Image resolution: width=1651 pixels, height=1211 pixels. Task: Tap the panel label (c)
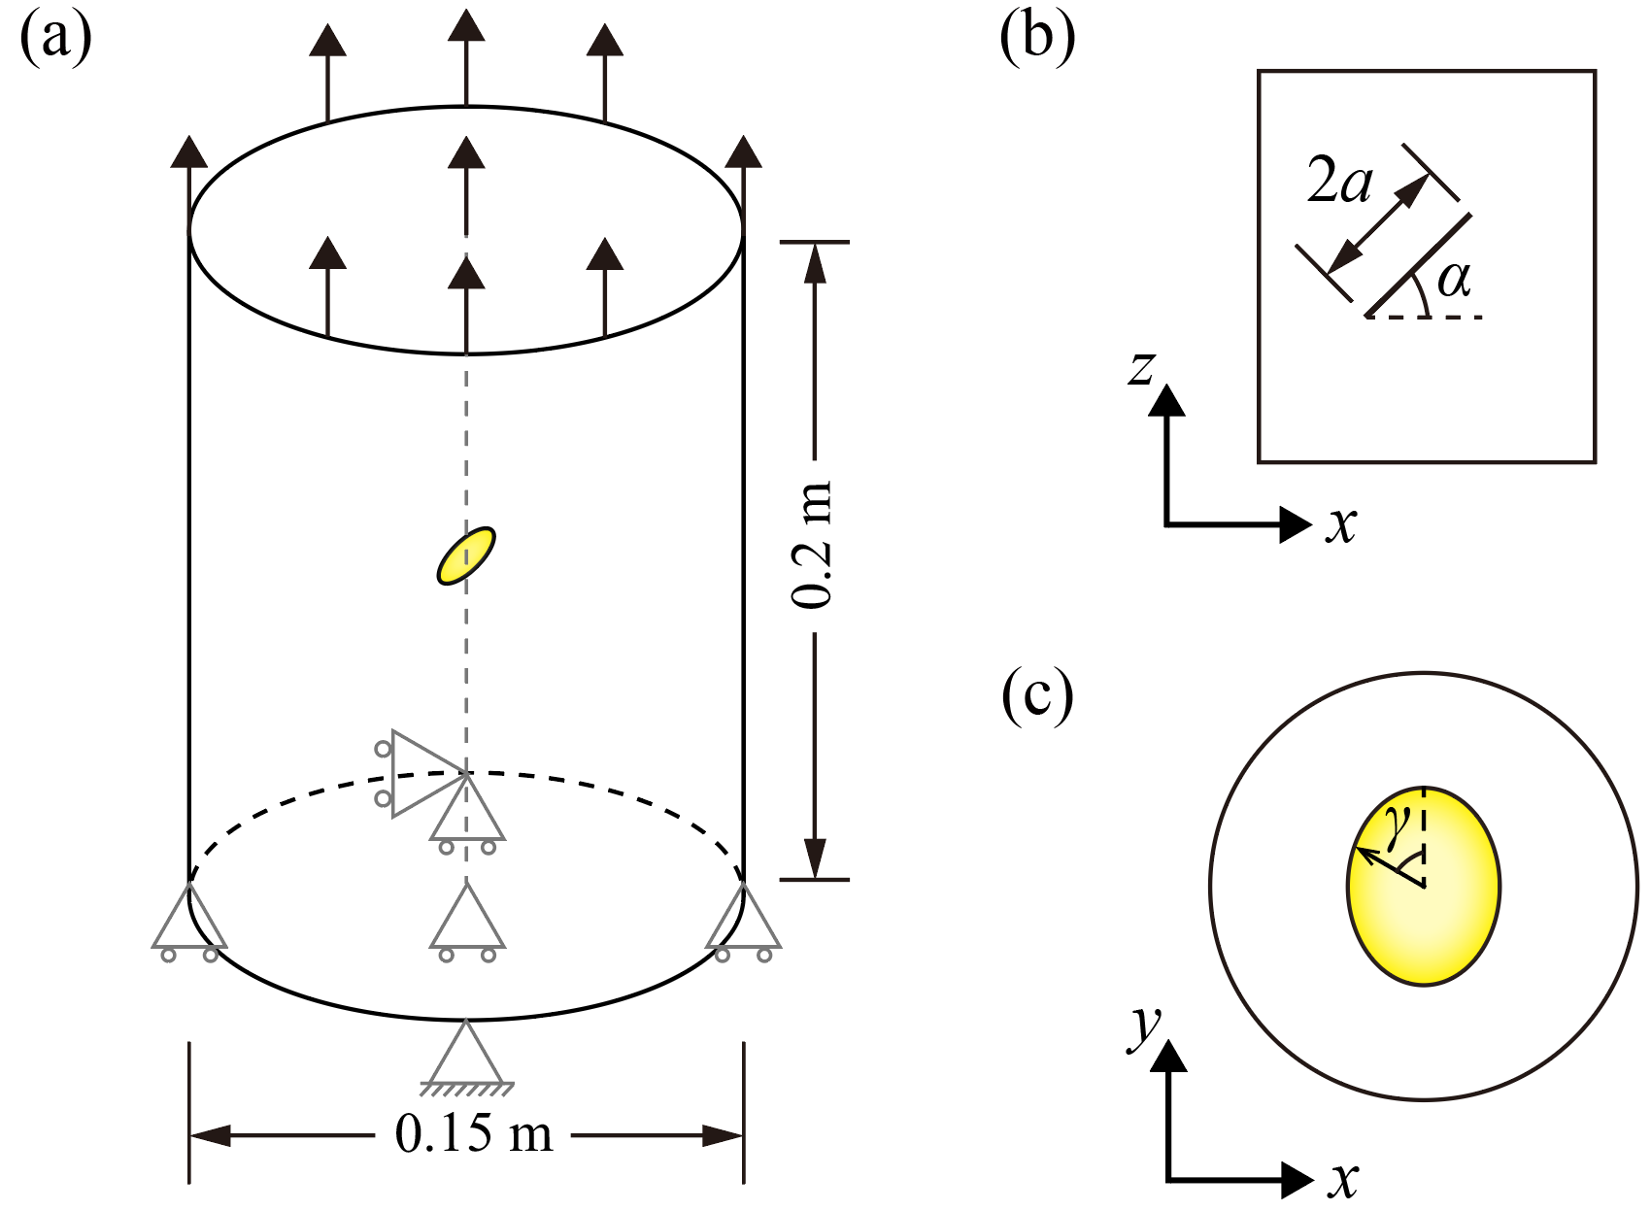coord(1037,695)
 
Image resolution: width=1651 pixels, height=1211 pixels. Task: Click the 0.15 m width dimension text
coord(474,1133)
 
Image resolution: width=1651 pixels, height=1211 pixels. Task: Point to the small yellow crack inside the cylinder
coord(466,555)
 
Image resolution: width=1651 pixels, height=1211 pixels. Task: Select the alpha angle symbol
coord(1454,281)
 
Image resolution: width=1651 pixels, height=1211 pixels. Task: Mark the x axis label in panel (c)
coord(1343,1180)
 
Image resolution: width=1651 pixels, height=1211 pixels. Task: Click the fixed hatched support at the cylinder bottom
coord(467,1059)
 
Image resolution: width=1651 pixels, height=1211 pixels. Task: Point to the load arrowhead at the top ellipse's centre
coord(467,155)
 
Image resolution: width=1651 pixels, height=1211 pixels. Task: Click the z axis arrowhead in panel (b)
coord(1166,400)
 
